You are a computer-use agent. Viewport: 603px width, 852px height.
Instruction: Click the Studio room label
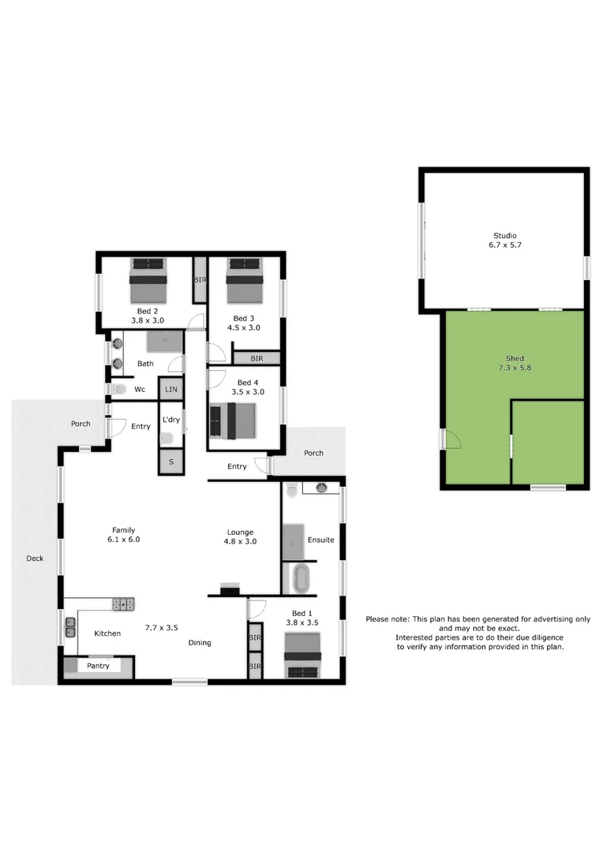(x=504, y=240)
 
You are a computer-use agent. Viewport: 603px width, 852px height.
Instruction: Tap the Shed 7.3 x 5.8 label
(x=514, y=363)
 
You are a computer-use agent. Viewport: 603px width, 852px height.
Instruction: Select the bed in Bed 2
(x=148, y=280)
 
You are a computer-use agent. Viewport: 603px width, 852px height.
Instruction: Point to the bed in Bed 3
(x=245, y=281)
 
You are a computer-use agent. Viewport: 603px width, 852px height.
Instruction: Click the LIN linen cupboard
(x=170, y=389)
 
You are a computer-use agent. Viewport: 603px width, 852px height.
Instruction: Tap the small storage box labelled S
(x=170, y=461)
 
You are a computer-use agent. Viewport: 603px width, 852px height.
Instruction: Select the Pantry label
(x=99, y=666)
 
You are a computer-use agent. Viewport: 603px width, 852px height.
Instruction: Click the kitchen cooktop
(x=125, y=605)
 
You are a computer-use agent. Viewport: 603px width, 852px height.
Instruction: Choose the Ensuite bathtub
(x=301, y=578)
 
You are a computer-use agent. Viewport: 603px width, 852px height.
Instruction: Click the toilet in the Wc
(x=118, y=389)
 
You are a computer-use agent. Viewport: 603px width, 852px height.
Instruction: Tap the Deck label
(x=35, y=559)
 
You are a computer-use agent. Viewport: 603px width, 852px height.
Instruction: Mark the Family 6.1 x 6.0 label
(x=124, y=535)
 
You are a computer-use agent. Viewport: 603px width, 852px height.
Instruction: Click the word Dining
(x=200, y=642)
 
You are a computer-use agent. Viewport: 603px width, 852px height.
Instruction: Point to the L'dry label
(x=170, y=420)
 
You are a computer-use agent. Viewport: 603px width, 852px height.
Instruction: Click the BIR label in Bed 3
(x=257, y=358)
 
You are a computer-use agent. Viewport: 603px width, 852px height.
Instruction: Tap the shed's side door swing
(x=451, y=439)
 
